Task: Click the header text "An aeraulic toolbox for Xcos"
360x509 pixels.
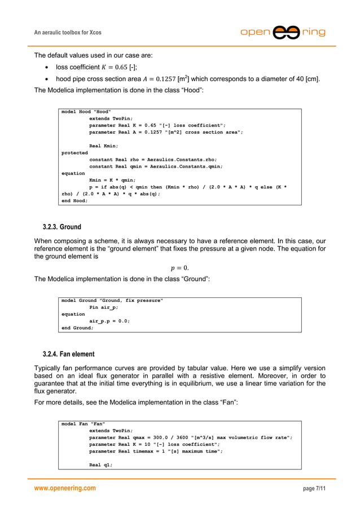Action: (68, 33)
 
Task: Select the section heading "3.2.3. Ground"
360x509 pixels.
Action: (62, 227)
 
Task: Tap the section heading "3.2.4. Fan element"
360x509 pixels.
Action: (69, 354)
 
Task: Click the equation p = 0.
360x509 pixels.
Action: (180, 267)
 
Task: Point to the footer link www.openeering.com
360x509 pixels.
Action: (65, 488)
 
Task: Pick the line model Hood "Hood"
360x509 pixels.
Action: (86, 112)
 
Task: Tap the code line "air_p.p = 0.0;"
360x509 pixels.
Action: (109, 321)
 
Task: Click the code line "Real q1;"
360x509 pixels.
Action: (101, 465)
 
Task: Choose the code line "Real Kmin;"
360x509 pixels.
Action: (104, 146)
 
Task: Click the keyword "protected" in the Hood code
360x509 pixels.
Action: (74, 152)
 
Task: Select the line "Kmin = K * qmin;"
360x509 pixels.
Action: (113, 180)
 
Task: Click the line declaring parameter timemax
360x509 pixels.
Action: (156, 451)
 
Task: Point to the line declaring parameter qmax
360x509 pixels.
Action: (190, 437)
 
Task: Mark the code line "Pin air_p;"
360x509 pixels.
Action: (104, 308)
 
